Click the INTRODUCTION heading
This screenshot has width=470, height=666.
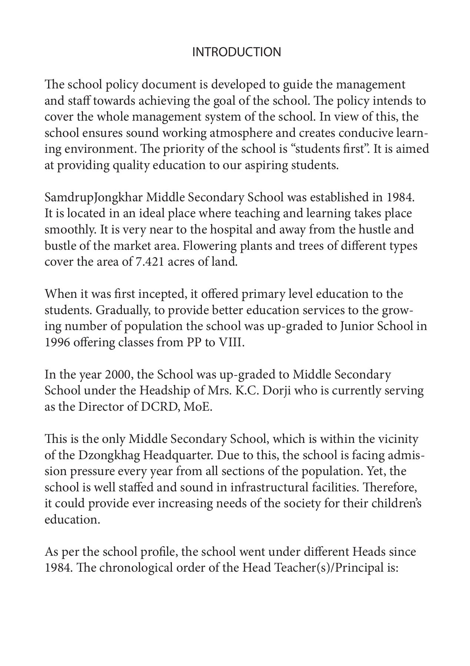[x=236, y=52]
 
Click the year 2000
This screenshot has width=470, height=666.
[x=118, y=375]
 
